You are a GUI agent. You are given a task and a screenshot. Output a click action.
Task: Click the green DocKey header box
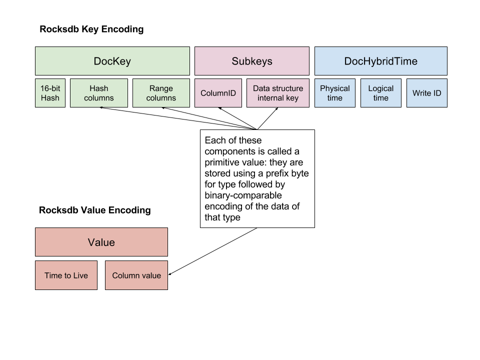[112, 61]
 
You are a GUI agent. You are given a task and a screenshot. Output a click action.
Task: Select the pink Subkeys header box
[251, 61]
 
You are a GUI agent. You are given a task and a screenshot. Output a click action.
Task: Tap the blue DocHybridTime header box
[380, 61]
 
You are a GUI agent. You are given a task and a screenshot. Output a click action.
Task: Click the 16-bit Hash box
[50, 93]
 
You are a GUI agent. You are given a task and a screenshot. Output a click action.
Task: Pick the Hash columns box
[99, 93]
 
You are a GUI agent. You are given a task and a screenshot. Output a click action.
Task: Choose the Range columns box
[161, 93]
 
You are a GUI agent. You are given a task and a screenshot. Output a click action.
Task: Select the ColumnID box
[218, 93]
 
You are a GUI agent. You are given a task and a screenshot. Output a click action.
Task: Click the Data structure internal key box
[277, 93]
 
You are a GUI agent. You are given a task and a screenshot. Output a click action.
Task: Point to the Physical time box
[334, 93]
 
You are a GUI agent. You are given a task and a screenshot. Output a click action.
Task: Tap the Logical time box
[380, 93]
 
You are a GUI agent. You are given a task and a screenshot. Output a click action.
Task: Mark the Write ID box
[426, 93]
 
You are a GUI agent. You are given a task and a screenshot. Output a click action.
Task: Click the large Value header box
[101, 242]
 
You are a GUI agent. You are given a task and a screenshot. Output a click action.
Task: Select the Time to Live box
[66, 275]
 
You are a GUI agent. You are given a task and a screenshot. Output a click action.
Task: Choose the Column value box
[136, 275]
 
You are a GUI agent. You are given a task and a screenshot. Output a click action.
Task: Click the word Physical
[335, 88]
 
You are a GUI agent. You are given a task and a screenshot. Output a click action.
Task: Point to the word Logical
[381, 88]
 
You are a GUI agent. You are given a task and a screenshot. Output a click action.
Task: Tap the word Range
[161, 88]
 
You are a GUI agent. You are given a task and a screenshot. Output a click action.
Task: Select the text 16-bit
[50, 88]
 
